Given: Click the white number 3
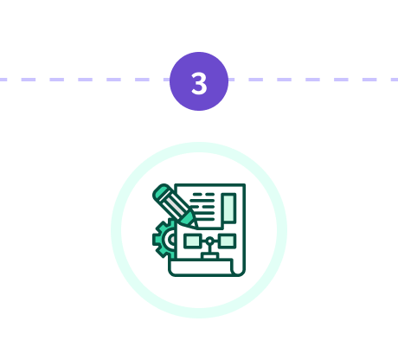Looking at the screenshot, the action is tap(199, 83).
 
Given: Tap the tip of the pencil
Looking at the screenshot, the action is tap(197, 227).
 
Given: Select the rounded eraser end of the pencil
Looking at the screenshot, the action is tap(162, 192).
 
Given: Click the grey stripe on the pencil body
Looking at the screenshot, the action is tap(173, 207).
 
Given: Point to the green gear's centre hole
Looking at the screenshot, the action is tap(172, 239).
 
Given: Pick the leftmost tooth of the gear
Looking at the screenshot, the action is tap(154, 240).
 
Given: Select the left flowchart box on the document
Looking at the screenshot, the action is tap(192, 241).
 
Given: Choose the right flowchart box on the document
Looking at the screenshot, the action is tap(228, 241).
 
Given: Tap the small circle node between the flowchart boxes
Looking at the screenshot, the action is tap(210, 241).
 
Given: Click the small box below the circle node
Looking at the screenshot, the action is tap(210, 255).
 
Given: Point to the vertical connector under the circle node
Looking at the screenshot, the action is tap(210, 248).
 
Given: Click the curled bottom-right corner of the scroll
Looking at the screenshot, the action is tap(239, 270).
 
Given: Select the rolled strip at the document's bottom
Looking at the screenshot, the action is tap(201, 267).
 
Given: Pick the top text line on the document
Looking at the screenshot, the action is tap(204, 194).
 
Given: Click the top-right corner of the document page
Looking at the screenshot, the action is tap(245, 184).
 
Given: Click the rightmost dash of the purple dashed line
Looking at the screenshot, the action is tap(395, 80).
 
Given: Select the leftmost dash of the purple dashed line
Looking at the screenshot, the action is tap(3, 80).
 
